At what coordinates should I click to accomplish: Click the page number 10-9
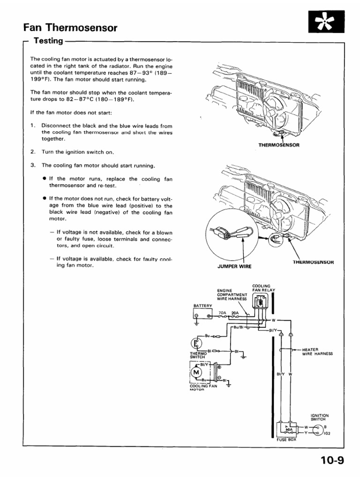click(332, 460)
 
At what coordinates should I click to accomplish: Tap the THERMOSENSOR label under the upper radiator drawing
click(279, 145)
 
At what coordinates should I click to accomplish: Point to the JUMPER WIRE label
click(234, 266)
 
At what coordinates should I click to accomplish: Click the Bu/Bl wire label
click(237, 327)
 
